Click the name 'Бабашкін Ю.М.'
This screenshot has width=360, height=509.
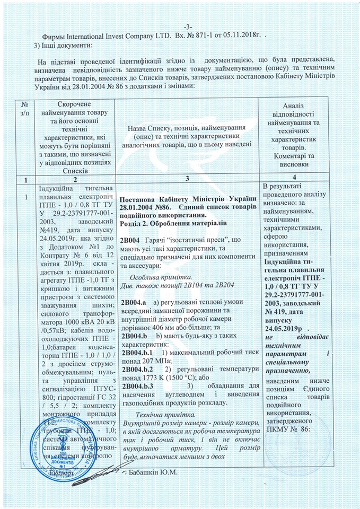click(x=152, y=472)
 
